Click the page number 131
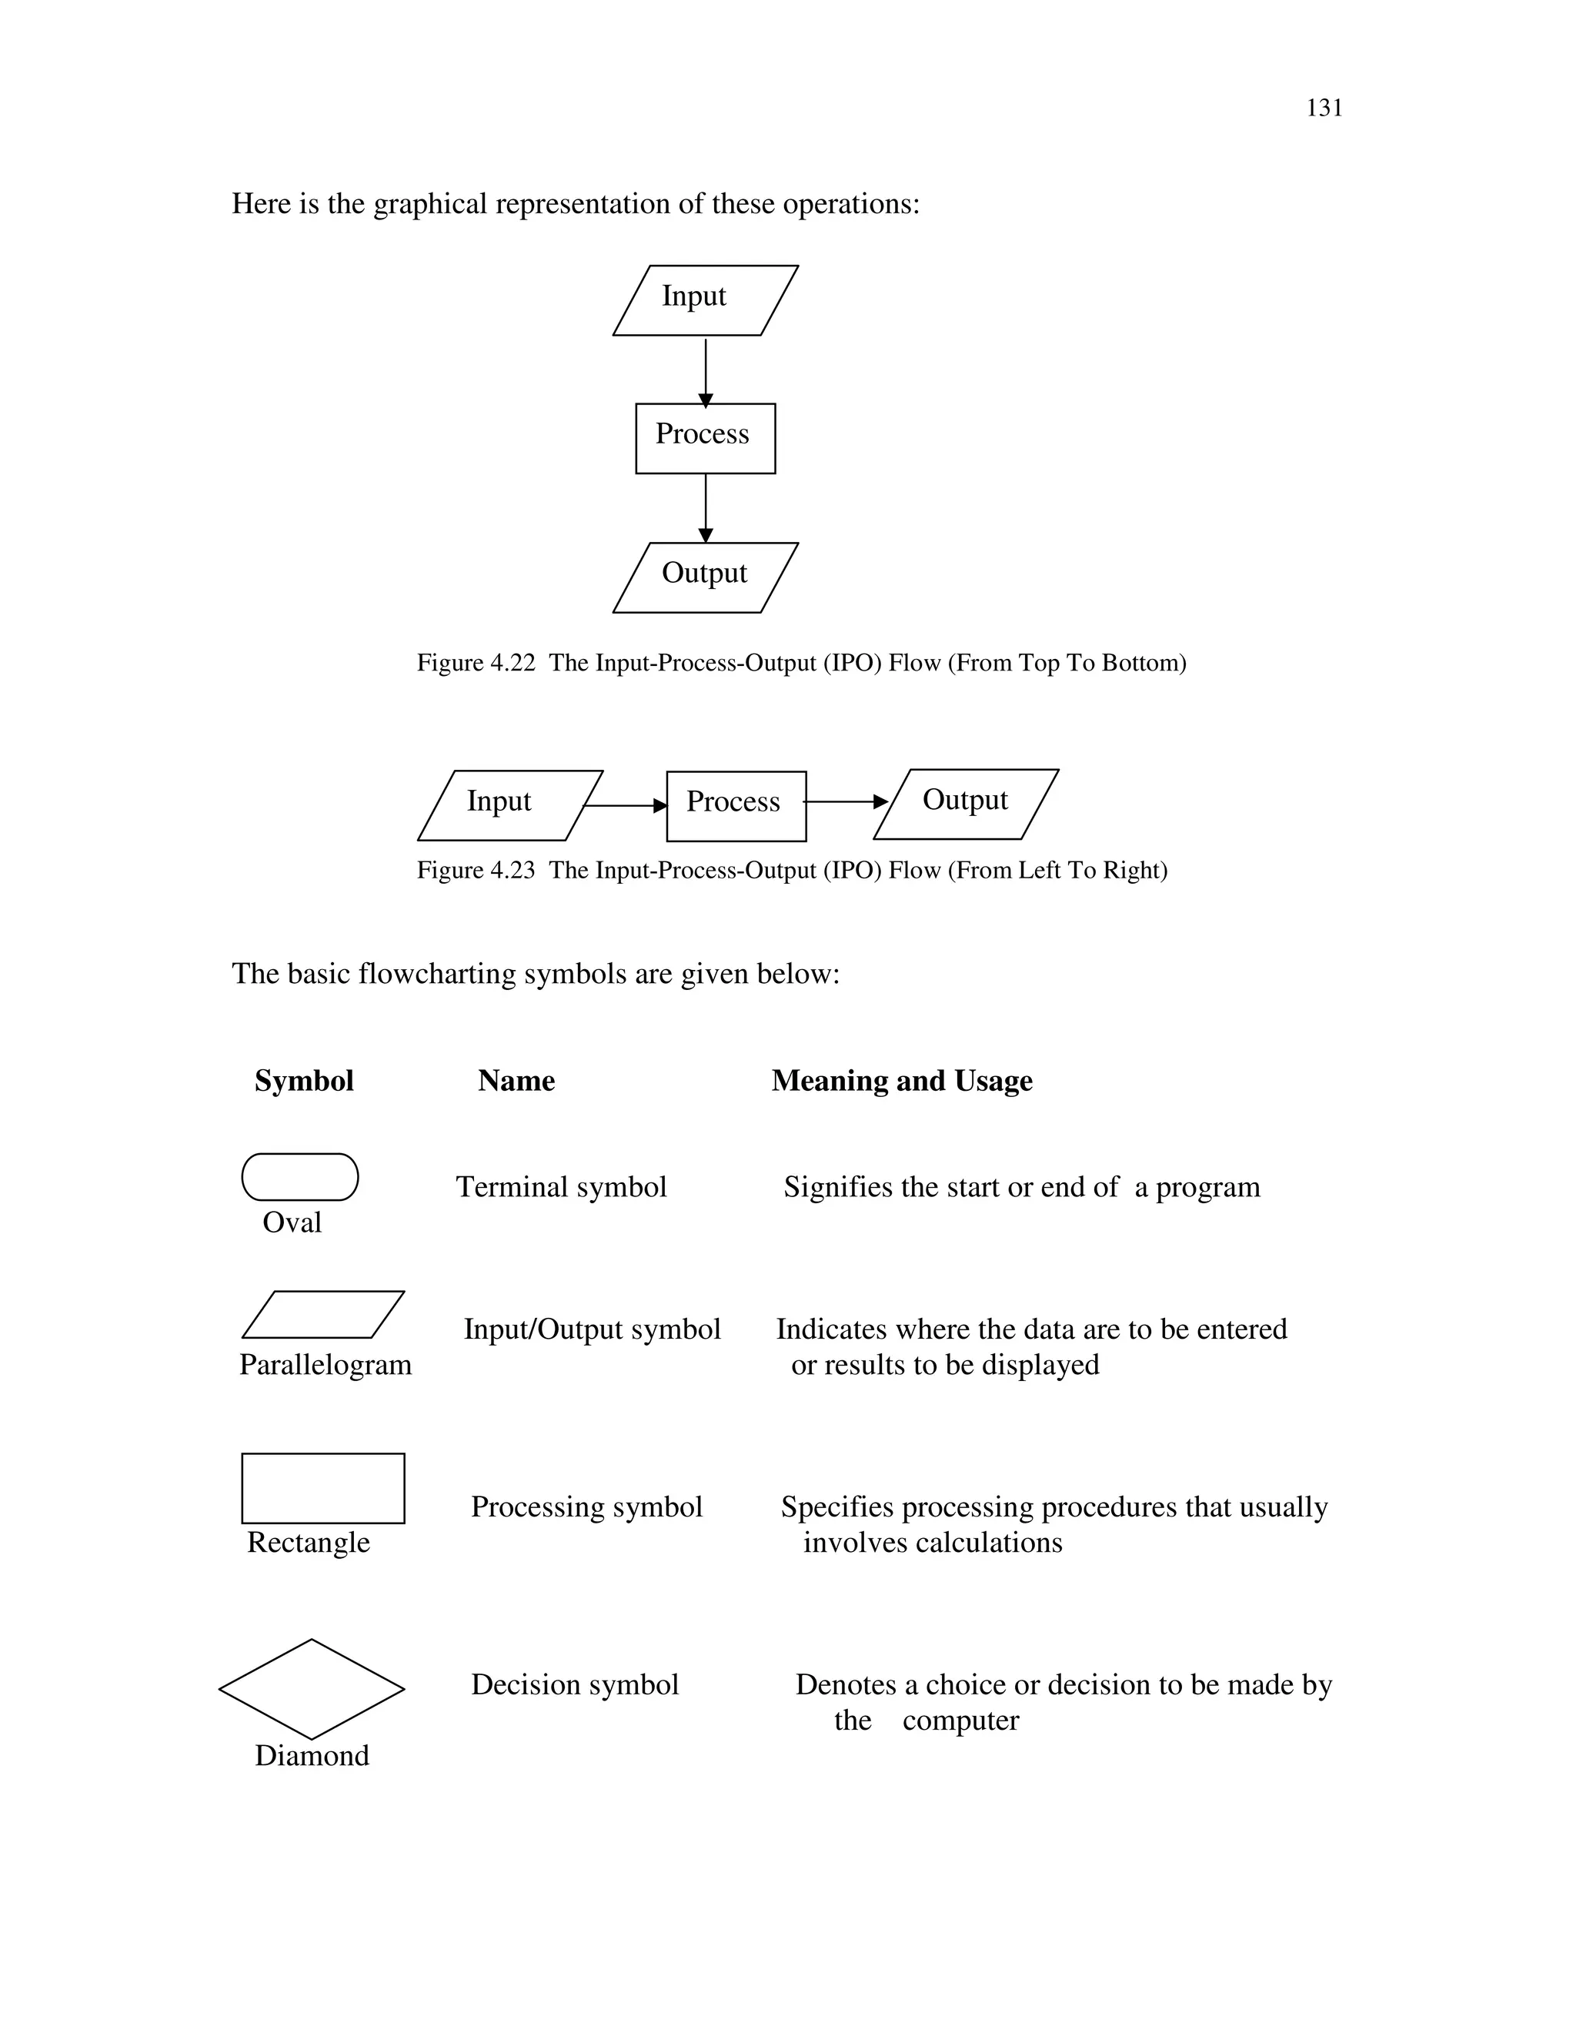pos(1323,109)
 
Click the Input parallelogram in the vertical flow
pos(705,299)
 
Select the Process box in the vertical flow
pos(705,438)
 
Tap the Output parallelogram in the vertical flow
pos(705,577)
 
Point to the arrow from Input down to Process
pos(706,371)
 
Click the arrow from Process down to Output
pos(706,507)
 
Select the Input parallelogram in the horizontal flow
pos(509,804)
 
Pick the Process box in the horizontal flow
pos(736,805)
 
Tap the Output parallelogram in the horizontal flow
pos(966,803)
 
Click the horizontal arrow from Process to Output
pos(844,801)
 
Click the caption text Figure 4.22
pos(476,663)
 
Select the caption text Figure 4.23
pos(476,871)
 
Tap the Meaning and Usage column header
pos(901,1081)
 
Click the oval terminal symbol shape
pos(299,1176)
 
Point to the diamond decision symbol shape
pos(311,1689)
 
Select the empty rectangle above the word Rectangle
pos(323,1488)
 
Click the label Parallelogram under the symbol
pos(325,1365)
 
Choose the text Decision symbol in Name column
pos(574,1684)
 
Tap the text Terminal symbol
pos(561,1187)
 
